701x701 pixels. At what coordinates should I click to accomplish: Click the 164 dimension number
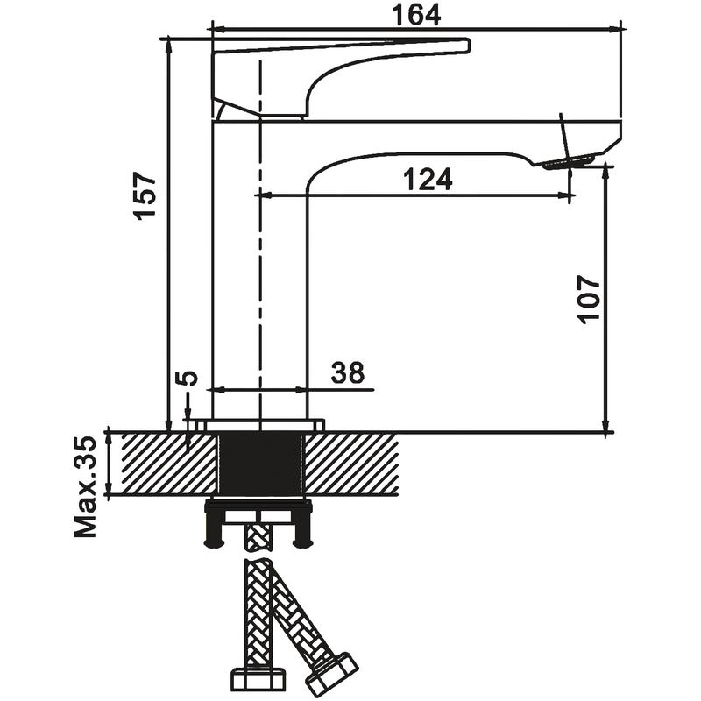pos(416,15)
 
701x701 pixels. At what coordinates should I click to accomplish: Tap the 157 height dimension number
pos(145,195)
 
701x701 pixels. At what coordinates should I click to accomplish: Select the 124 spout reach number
pos(428,179)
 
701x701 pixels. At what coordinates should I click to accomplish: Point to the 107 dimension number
pos(588,299)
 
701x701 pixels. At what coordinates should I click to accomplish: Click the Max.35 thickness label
pos(85,487)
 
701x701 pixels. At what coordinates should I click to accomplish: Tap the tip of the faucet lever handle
pos(469,46)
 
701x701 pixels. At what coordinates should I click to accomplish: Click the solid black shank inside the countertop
pos(260,464)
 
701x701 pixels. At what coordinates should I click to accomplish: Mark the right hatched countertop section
pos(351,464)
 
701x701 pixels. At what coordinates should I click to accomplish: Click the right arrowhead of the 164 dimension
pos(616,30)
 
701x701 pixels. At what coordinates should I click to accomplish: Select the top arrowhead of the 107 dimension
pos(605,171)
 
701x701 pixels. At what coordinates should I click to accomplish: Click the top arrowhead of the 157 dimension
pos(168,46)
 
